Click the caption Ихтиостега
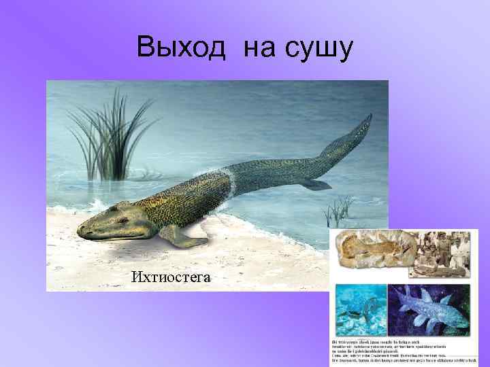[171, 276]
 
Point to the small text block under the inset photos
[402, 349]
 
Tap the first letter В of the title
[145, 48]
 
